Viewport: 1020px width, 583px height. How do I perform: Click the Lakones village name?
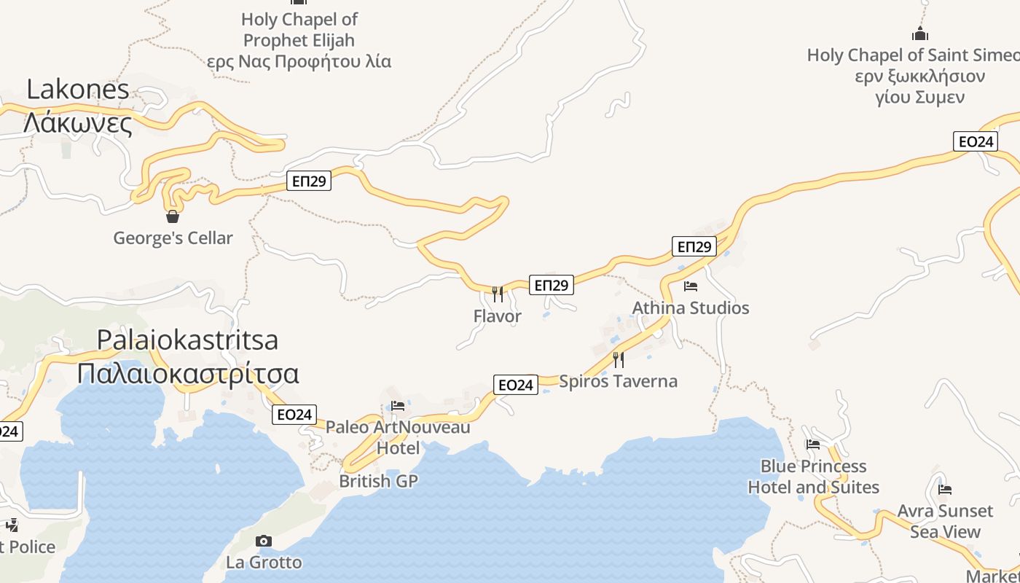(78, 90)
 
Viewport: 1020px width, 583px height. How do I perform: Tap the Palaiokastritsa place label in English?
(188, 340)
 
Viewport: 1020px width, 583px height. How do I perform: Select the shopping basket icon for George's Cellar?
(173, 216)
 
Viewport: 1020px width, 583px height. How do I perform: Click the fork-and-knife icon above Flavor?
(498, 294)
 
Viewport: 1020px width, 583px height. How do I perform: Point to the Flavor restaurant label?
(498, 316)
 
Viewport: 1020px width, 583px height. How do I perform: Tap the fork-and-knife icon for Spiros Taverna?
(619, 359)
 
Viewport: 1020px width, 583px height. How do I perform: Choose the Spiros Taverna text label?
(618, 381)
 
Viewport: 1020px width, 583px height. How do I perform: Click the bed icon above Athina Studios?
(691, 286)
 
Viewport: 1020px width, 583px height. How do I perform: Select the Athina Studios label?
(691, 308)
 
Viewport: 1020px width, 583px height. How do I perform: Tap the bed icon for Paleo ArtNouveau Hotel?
(398, 406)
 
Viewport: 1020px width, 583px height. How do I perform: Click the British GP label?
(379, 481)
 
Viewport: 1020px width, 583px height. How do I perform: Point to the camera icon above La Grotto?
(264, 541)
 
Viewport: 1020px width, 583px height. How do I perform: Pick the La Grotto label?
(264, 563)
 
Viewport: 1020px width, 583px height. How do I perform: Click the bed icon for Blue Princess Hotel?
(813, 444)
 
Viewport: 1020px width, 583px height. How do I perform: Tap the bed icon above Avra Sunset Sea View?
(945, 489)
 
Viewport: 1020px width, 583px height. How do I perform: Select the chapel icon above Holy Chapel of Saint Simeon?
(920, 34)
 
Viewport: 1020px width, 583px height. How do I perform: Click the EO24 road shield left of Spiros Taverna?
(515, 385)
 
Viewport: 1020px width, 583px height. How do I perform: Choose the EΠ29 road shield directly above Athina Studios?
(694, 247)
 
